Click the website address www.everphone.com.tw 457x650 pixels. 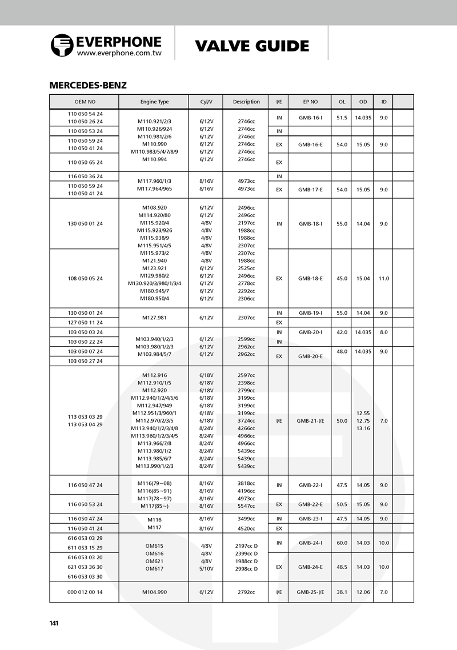click(119, 53)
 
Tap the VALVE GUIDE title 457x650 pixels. click(252, 46)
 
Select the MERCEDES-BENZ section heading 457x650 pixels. click(88, 86)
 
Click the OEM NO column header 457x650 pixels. click(85, 102)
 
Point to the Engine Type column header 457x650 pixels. click(154, 102)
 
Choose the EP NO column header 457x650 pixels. click(310, 102)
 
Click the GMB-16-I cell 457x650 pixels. click(310, 118)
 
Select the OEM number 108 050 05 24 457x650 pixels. click(85, 279)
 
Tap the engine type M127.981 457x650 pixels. click(154, 318)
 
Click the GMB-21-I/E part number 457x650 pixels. click(310, 420)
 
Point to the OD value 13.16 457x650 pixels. click(363, 428)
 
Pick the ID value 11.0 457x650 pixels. click(384, 279)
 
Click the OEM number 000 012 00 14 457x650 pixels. click(85, 592)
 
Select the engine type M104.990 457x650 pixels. click(154, 592)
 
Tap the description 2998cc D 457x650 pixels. click(246, 569)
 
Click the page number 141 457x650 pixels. click(54, 623)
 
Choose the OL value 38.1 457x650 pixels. click(342, 592)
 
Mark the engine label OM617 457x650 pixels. click(154, 569)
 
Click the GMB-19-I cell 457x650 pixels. click(310, 313)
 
